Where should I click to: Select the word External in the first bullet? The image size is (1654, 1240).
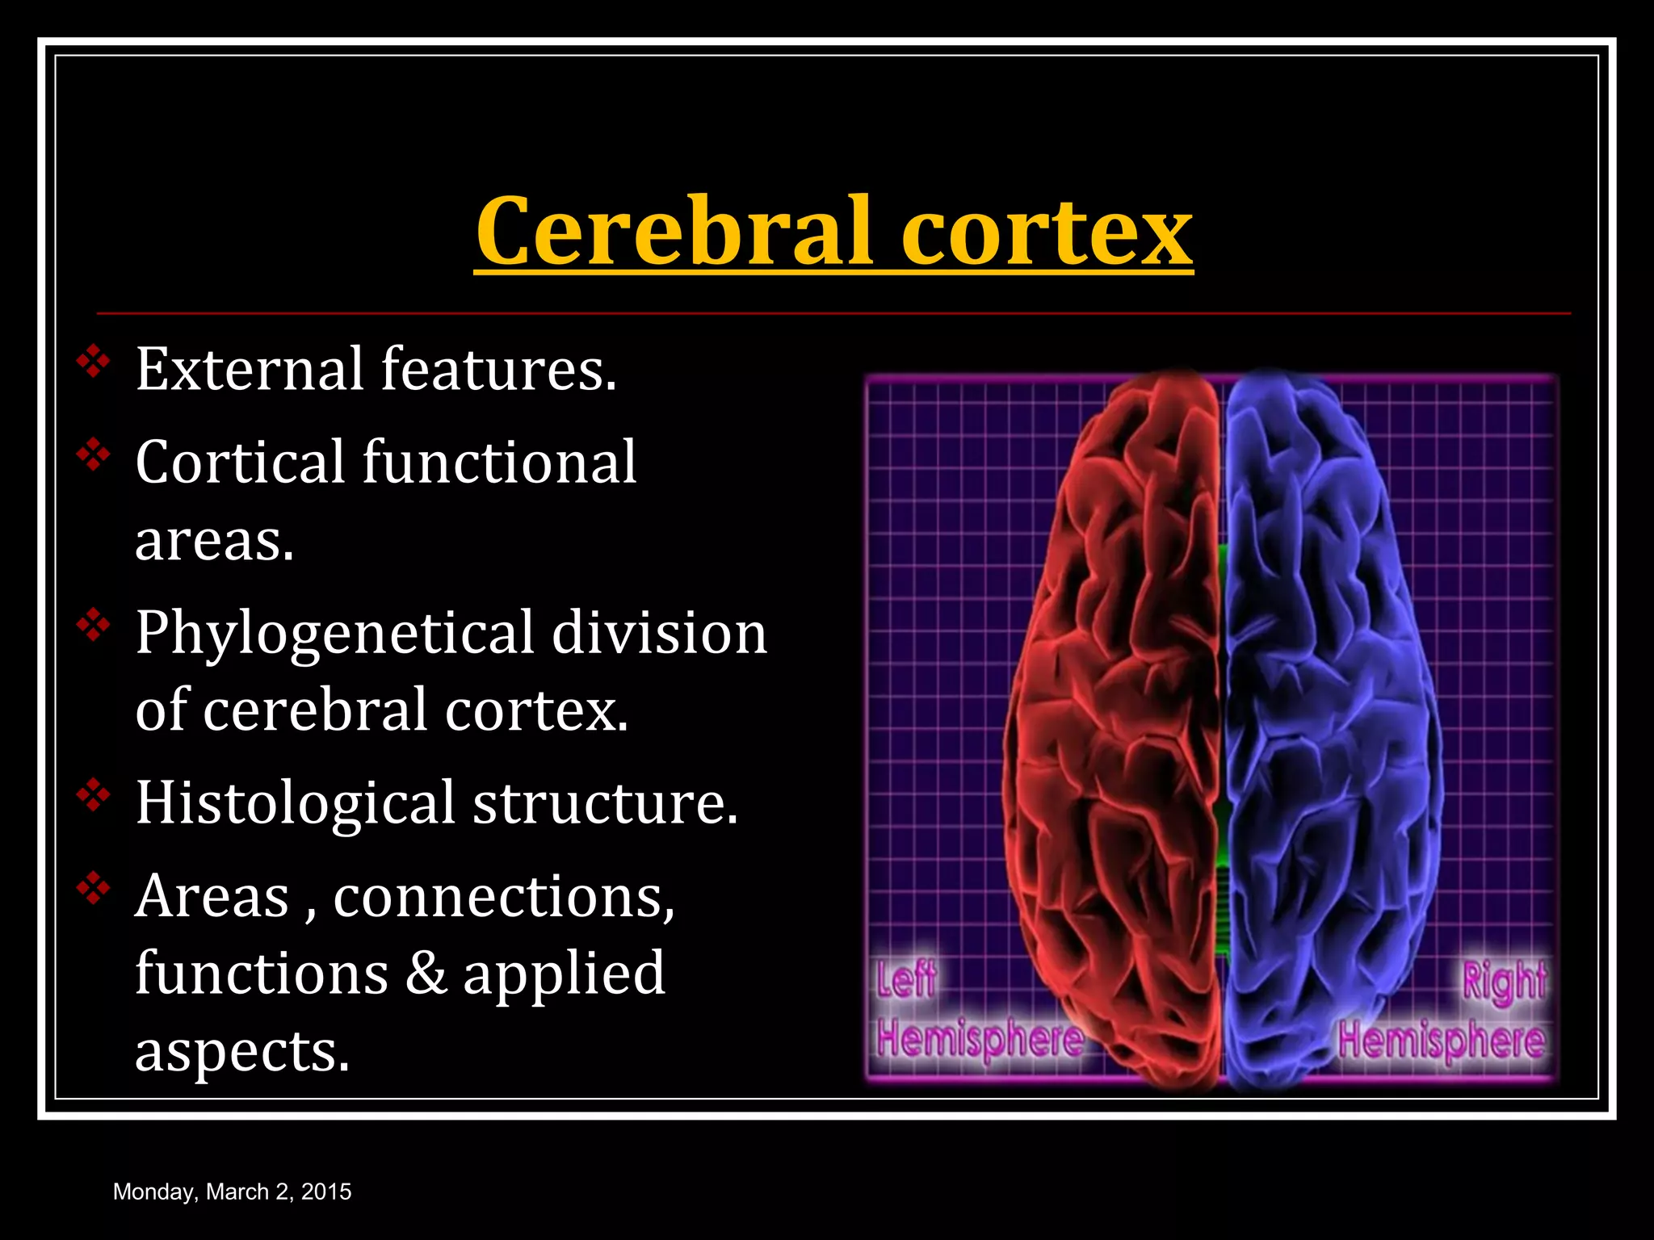coord(249,369)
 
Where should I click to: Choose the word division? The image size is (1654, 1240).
coord(659,632)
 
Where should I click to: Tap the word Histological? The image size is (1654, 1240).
coord(295,803)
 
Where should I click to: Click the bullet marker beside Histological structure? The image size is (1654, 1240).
coord(94,796)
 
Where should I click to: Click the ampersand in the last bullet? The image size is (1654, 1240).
coord(426,973)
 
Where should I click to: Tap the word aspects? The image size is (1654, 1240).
coord(242,1051)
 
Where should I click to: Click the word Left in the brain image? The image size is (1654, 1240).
coord(906,979)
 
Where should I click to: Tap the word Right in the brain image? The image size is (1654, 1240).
coord(1504,981)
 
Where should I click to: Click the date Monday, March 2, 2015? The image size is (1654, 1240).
coord(232,1192)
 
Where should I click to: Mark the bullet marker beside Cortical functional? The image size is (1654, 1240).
coord(94,456)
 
